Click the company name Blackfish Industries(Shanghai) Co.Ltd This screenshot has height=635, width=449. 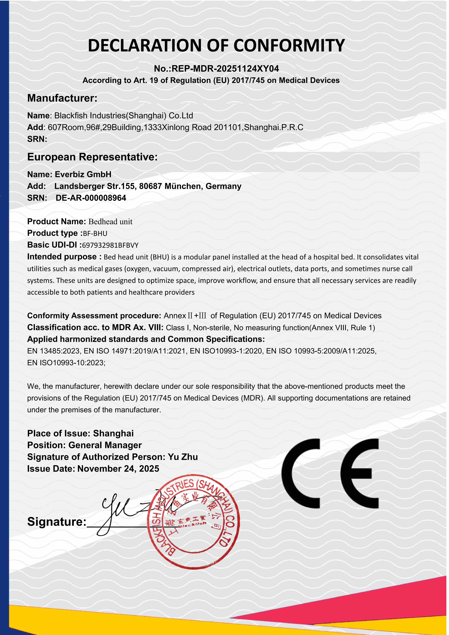click(x=123, y=116)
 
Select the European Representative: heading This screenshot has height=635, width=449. click(x=92, y=157)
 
